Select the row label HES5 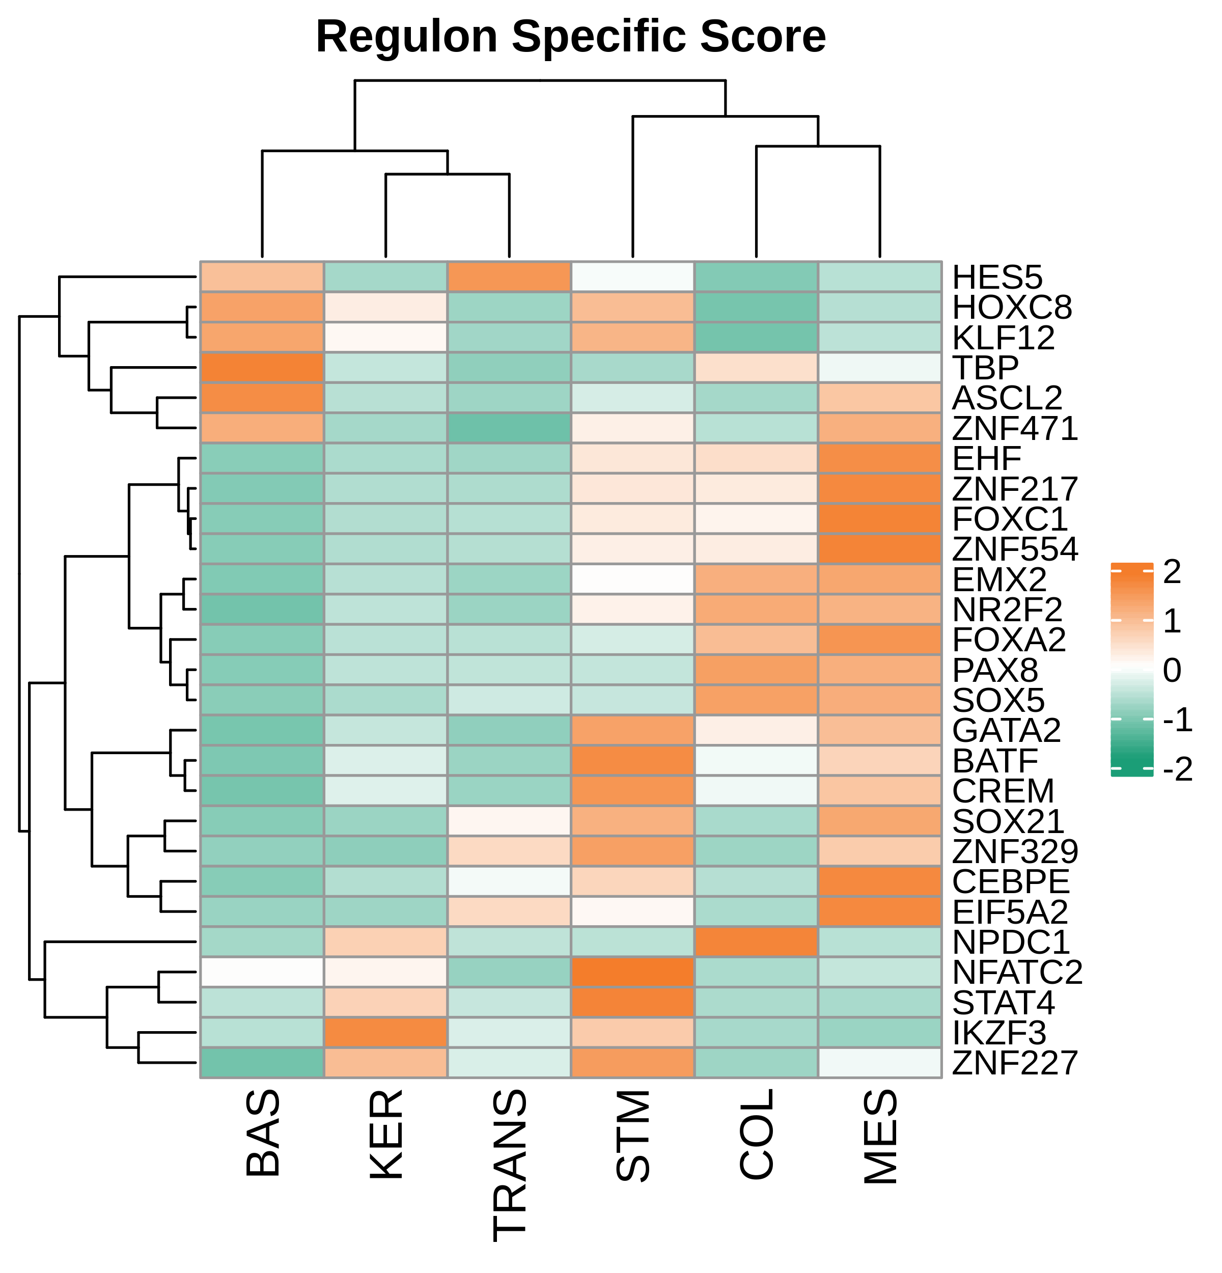click(x=996, y=278)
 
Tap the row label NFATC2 click(x=1017, y=972)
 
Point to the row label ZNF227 click(x=1014, y=1063)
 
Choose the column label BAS click(x=262, y=1133)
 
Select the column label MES click(x=880, y=1137)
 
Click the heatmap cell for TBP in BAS click(x=262, y=368)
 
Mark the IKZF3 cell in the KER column click(x=385, y=1033)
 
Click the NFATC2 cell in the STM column click(x=632, y=972)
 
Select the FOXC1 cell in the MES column click(x=880, y=519)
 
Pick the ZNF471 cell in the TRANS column click(x=509, y=428)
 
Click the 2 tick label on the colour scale click(x=1172, y=571)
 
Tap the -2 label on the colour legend click(x=1177, y=769)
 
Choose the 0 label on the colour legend click(x=1172, y=670)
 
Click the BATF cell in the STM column click(x=632, y=761)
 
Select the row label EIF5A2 click(x=1010, y=912)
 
